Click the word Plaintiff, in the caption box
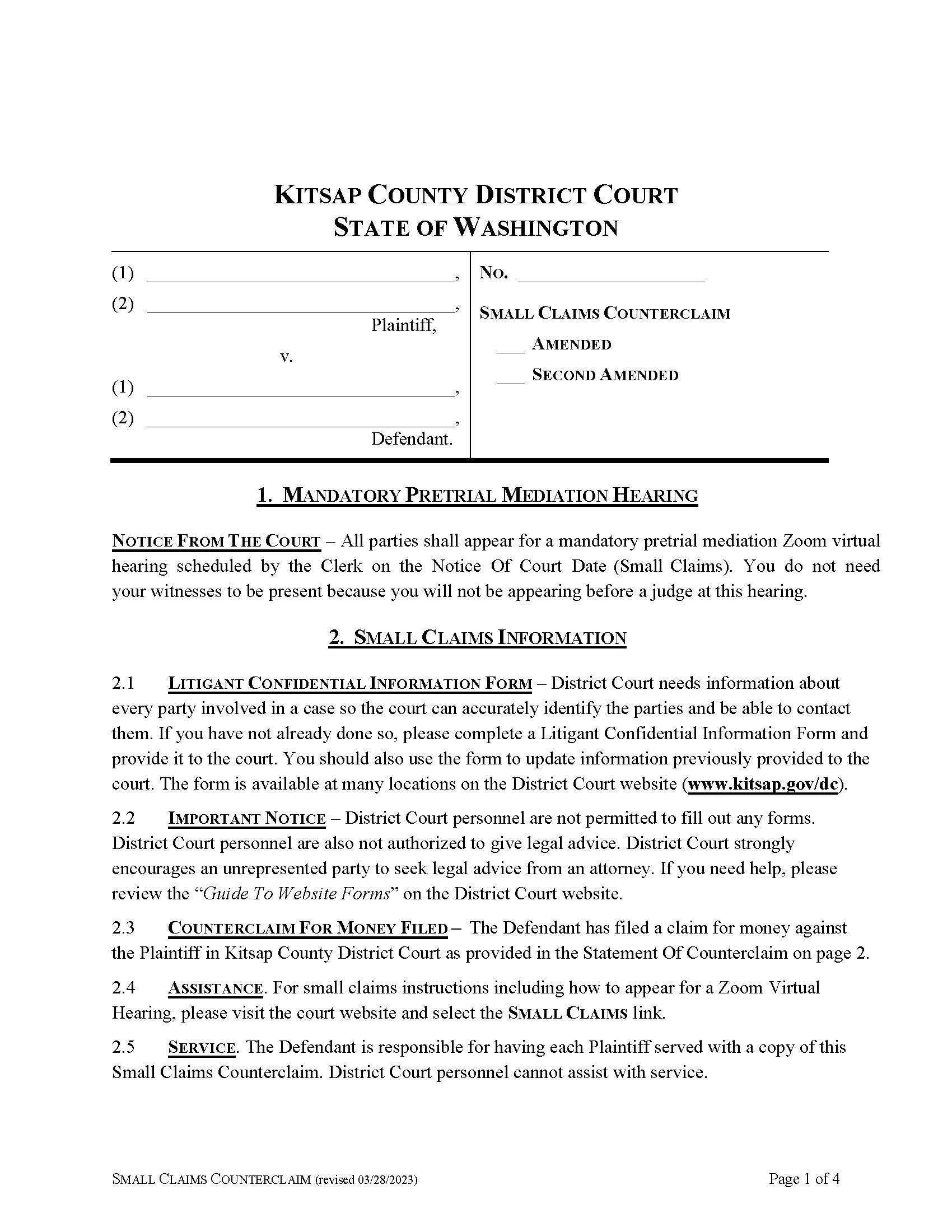(403, 325)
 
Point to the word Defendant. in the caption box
(412, 440)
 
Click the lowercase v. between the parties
(286, 357)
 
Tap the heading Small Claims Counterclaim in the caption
(605, 313)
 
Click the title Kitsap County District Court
(475, 195)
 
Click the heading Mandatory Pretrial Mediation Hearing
(477, 495)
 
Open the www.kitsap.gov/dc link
(763, 785)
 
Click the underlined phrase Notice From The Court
(216, 542)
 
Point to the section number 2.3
(123, 928)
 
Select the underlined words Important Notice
(247, 819)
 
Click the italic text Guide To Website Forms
(296, 894)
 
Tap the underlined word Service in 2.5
(202, 1048)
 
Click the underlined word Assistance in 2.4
(215, 988)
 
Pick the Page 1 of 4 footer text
(804, 1178)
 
